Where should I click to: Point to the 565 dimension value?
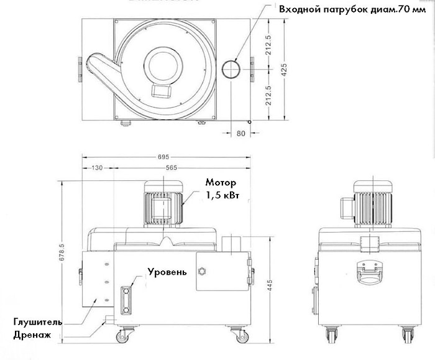tap(173, 167)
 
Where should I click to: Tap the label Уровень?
tap(167, 272)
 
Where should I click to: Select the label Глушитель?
tap(38, 322)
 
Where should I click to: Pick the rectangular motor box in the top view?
tap(162, 90)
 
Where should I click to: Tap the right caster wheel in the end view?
tap(408, 336)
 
